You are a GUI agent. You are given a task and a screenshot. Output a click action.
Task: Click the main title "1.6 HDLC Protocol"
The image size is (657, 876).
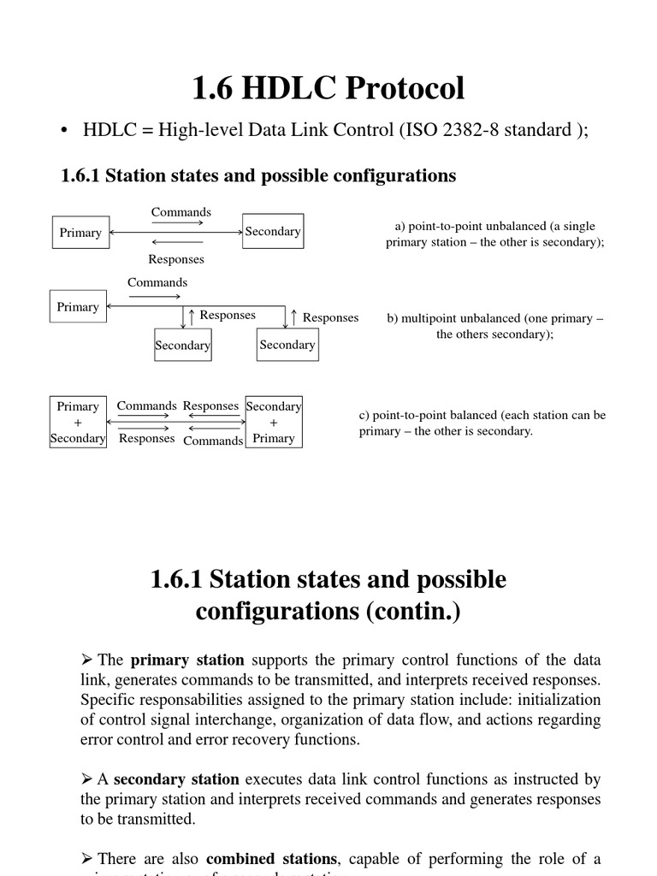click(x=328, y=88)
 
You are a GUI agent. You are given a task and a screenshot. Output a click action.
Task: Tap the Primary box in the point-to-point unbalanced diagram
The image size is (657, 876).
click(x=80, y=232)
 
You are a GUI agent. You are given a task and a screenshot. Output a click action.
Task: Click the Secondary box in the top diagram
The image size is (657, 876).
click(x=273, y=231)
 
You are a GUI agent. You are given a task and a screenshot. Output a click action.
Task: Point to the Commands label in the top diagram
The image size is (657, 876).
click(x=181, y=212)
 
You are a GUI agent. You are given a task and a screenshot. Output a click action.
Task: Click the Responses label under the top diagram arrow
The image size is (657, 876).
click(x=176, y=258)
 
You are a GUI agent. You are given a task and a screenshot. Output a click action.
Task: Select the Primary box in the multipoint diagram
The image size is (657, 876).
click(x=78, y=306)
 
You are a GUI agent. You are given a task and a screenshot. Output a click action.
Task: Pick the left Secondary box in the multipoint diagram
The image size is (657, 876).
click(x=182, y=345)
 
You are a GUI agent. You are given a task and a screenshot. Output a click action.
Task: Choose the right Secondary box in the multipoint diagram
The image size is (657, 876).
click(x=287, y=344)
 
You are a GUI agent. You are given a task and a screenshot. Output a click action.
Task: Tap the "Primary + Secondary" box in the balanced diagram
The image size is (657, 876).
click(x=78, y=423)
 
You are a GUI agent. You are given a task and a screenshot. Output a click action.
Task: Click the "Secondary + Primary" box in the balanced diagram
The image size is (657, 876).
click(x=274, y=423)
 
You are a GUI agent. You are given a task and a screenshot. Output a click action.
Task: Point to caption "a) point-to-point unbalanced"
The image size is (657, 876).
click(x=494, y=226)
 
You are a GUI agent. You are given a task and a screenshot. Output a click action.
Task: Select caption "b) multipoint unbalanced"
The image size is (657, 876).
click(x=494, y=318)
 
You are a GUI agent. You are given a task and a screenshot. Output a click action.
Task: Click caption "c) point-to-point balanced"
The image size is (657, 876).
click(x=482, y=415)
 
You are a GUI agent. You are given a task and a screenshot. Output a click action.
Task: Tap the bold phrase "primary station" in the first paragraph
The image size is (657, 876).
click(x=187, y=660)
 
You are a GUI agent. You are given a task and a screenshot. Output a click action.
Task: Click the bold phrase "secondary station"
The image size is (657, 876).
click(x=176, y=779)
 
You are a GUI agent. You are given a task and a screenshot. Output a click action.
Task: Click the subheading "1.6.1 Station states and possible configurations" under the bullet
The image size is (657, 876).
click(x=258, y=175)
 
